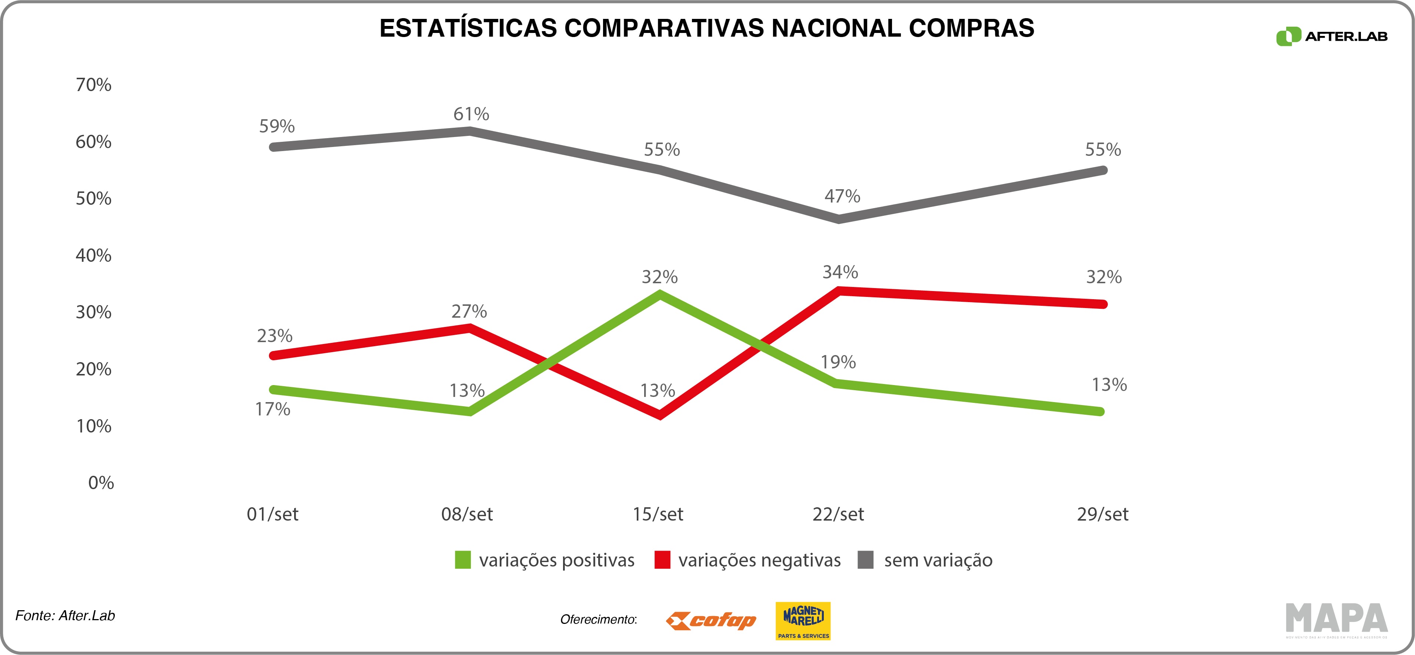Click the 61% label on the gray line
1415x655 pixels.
coord(471,114)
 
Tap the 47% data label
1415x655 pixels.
coord(842,196)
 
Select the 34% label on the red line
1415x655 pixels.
coord(840,272)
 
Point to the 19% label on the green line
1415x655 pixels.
coord(838,362)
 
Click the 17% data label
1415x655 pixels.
coord(273,409)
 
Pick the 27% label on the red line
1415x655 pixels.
coord(469,312)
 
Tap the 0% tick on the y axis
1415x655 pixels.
coord(101,483)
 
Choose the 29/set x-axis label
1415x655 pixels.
coord(1102,514)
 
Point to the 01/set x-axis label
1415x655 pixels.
coord(273,514)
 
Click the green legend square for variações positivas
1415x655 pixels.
coord(463,560)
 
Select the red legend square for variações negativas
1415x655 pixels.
coord(662,560)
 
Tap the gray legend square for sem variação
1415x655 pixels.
coord(865,560)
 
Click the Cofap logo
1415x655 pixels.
coord(711,621)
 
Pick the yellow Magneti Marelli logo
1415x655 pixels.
coord(803,621)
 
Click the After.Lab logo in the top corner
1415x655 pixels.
coord(1331,37)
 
